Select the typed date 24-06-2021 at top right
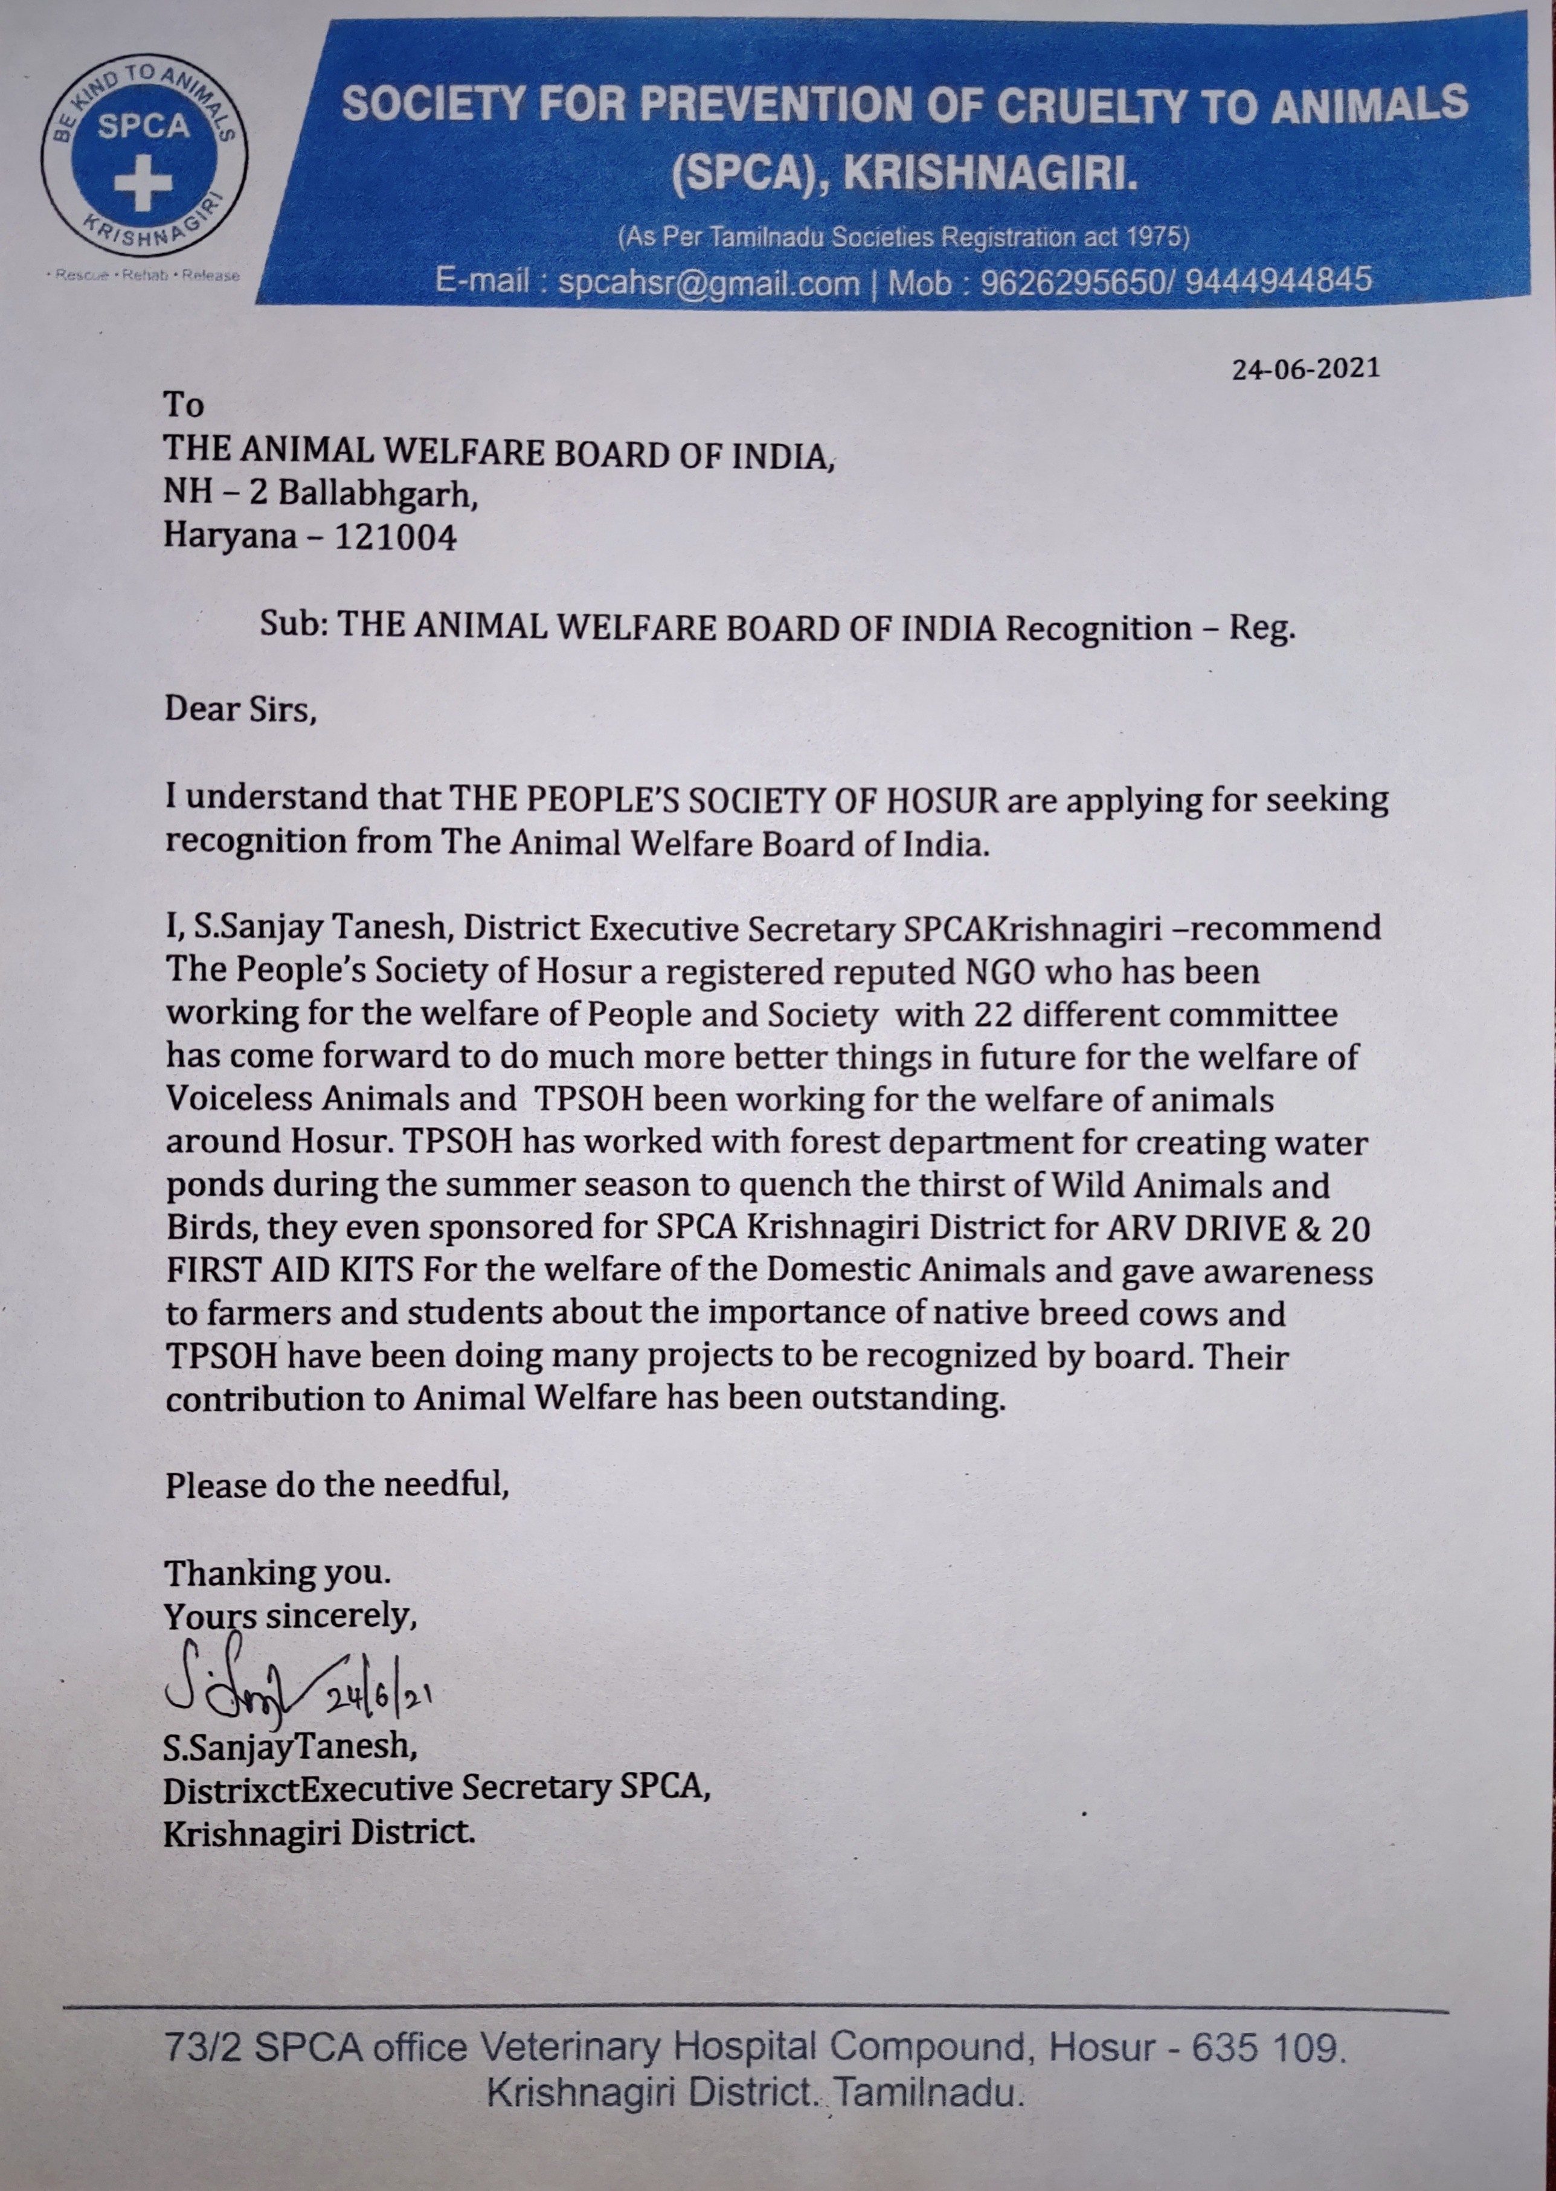(1305, 369)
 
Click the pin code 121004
(395, 536)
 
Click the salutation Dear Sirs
(240, 709)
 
